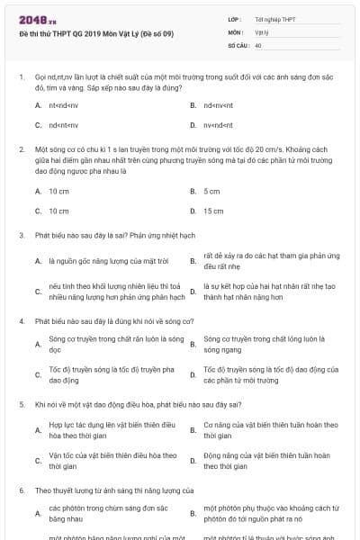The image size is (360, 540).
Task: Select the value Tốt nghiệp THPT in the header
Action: (x=274, y=19)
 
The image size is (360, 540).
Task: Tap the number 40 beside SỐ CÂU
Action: (x=258, y=44)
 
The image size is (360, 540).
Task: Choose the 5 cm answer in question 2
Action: (x=211, y=191)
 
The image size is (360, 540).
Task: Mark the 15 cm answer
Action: (x=213, y=211)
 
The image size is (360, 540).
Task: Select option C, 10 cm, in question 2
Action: (x=58, y=211)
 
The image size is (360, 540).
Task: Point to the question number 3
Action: (x=21, y=235)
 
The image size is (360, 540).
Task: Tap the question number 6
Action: (x=21, y=490)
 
